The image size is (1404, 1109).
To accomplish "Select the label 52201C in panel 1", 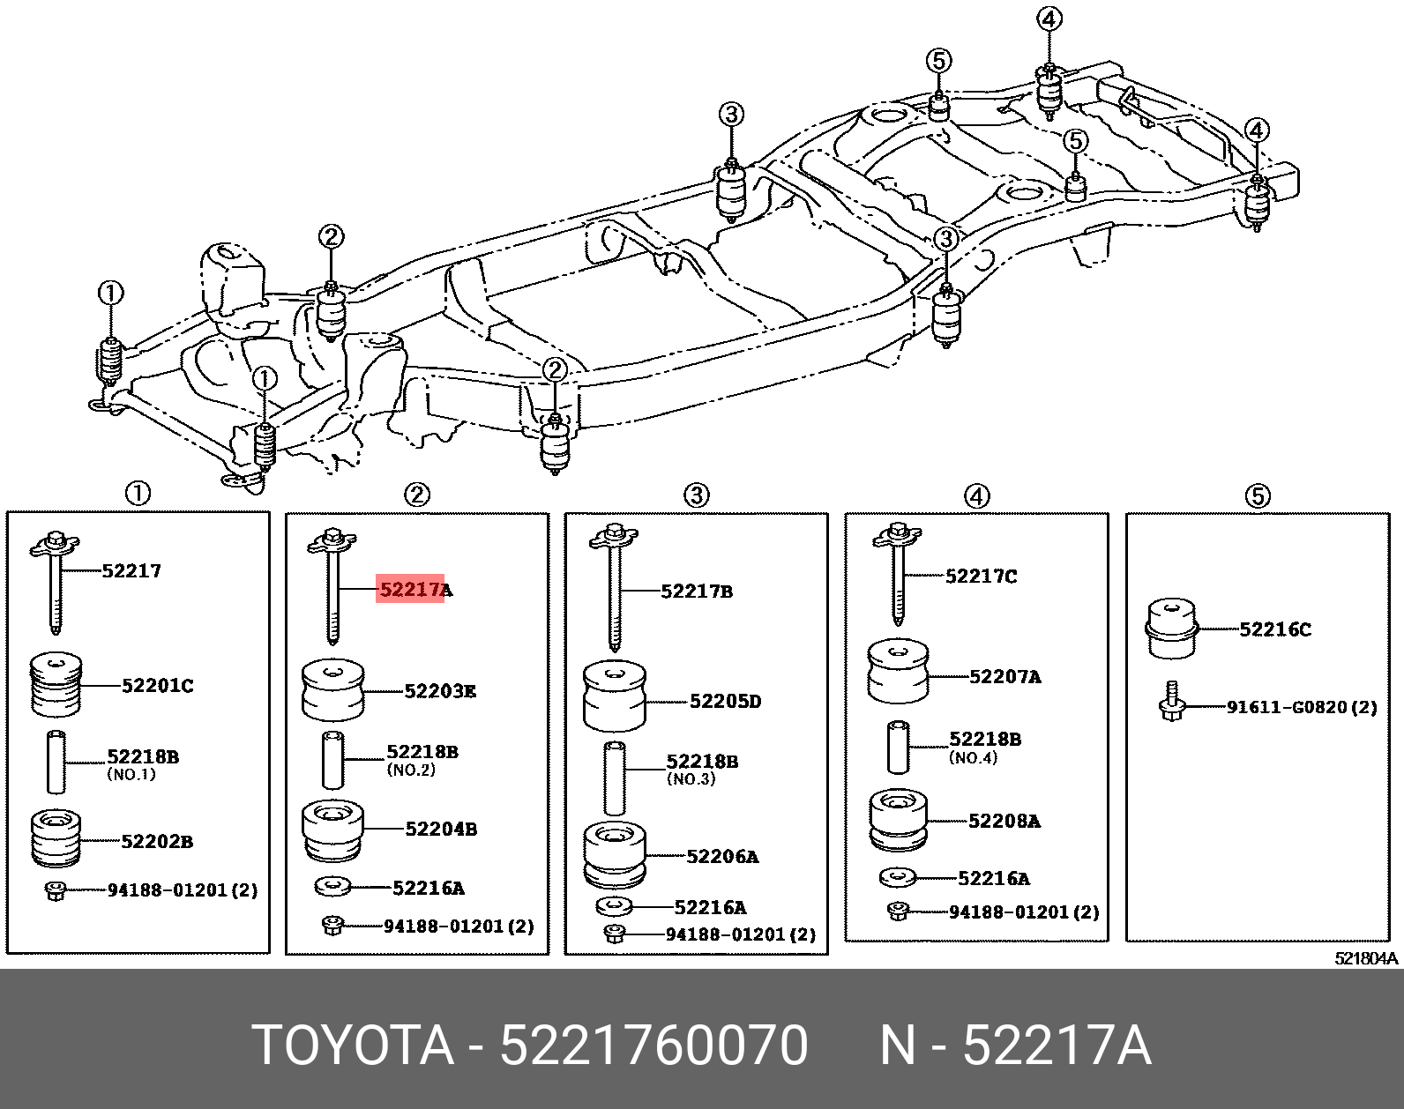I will [x=157, y=685].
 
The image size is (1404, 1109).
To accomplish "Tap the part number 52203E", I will [x=440, y=691].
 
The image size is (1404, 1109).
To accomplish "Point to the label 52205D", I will [x=725, y=702].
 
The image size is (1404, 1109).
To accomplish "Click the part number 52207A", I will [x=1004, y=677].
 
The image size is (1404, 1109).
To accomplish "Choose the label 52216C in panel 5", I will [x=1274, y=629].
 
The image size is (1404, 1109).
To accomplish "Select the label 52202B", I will [x=156, y=841].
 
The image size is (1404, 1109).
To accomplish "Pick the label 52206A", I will [x=722, y=856].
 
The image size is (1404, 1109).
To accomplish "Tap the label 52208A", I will [x=1004, y=821].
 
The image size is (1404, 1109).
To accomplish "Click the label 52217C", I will [x=981, y=577].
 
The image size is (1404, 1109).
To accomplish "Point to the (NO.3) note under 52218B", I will [x=691, y=779].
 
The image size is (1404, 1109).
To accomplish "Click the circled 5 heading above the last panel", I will [x=1258, y=496].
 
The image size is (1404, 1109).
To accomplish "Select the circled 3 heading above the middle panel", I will [x=697, y=495].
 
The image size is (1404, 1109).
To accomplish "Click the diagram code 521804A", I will [x=1366, y=958].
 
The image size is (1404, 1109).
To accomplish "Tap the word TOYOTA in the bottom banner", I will [x=353, y=1046].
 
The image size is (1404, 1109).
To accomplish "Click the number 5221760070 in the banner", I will [x=653, y=1046].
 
